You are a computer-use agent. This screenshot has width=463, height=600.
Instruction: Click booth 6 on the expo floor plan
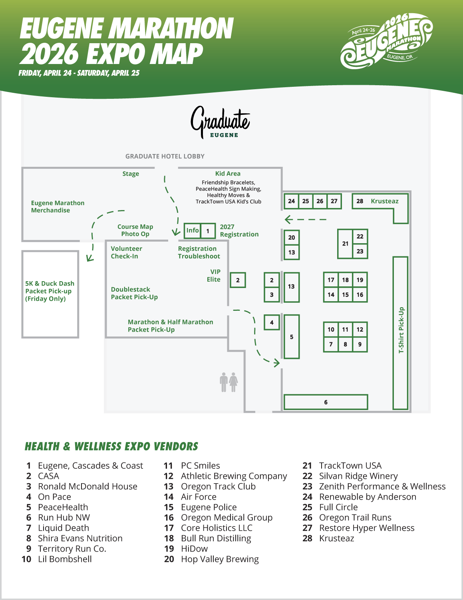click(x=326, y=402)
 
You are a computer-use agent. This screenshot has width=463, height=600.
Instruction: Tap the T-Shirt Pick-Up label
click(x=401, y=330)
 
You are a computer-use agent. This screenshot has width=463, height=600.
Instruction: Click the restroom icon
click(x=229, y=382)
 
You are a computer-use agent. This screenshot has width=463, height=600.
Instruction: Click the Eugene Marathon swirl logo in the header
click(x=386, y=41)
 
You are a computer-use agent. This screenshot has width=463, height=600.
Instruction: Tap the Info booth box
click(x=192, y=230)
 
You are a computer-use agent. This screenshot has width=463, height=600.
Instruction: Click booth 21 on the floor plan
click(x=345, y=244)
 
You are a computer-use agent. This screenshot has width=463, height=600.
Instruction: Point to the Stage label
click(x=131, y=174)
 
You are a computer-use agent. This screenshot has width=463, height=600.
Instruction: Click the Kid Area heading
click(x=228, y=174)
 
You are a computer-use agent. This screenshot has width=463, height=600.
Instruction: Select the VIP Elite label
click(x=214, y=276)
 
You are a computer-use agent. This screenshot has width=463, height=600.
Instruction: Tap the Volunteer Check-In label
click(x=126, y=252)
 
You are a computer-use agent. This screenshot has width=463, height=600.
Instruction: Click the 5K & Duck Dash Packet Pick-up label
click(x=50, y=291)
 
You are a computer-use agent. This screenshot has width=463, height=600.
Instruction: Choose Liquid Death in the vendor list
click(x=64, y=528)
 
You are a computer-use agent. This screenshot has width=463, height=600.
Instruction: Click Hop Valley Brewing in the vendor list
click(x=220, y=559)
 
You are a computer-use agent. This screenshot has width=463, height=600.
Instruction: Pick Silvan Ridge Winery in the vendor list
click(x=358, y=476)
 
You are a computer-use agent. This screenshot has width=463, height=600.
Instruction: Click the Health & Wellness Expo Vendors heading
click(x=111, y=446)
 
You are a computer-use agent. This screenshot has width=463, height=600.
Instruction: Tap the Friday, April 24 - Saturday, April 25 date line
click(x=79, y=73)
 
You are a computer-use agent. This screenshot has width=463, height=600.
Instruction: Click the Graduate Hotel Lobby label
click(x=165, y=156)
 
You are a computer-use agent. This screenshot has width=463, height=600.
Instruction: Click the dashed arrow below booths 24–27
click(x=306, y=219)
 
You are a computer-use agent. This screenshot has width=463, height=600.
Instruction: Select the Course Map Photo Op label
click(x=135, y=230)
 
